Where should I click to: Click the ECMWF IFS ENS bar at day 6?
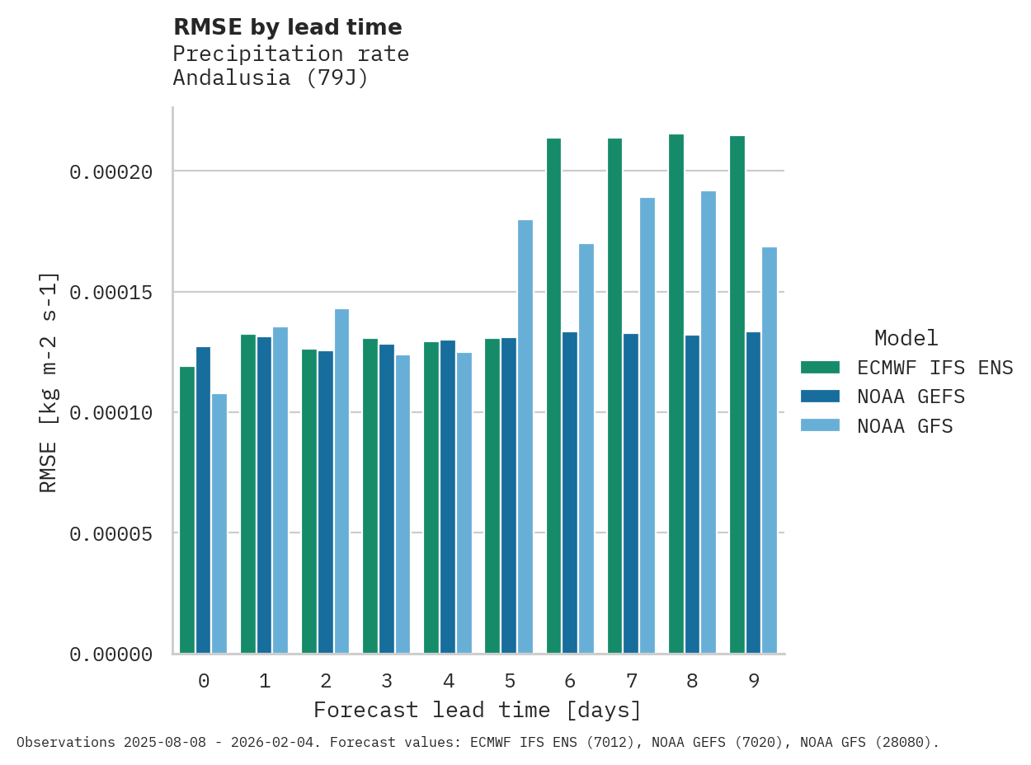553,396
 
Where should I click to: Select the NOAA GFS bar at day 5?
525,437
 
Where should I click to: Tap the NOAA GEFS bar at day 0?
203,500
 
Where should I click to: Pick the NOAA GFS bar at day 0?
219,523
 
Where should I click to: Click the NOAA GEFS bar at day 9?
753,492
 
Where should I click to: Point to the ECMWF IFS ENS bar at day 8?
676,394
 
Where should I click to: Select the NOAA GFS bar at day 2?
341,481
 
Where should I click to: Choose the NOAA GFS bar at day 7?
647,425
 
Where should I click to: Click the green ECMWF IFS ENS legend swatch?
819,367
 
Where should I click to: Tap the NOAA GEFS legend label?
911,397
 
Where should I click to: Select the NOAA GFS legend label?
905,426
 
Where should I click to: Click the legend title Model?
906,338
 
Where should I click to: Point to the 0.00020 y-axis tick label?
111,172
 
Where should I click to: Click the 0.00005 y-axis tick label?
111,534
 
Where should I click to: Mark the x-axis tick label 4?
448,681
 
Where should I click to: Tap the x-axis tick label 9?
753,681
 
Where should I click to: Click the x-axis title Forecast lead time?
477,710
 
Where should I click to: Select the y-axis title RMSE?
49,382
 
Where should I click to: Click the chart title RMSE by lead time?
288,27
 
